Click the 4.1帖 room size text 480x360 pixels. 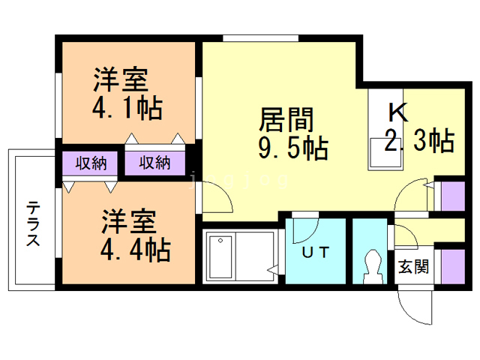point(127,108)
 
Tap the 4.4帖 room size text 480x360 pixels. point(136,250)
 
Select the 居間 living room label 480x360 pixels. point(286,120)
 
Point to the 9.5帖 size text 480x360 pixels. point(293,148)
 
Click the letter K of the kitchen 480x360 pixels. point(398,112)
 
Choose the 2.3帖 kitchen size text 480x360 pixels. point(419,140)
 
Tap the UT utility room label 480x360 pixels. point(316,252)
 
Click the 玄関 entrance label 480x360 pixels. point(413,267)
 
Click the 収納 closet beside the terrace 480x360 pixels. point(90,163)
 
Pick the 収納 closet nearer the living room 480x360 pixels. point(155,163)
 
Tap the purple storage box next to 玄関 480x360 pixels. point(453,266)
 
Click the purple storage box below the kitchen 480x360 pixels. point(453,196)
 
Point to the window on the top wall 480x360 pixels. point(260,38)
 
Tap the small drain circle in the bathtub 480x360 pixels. point(220,241)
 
